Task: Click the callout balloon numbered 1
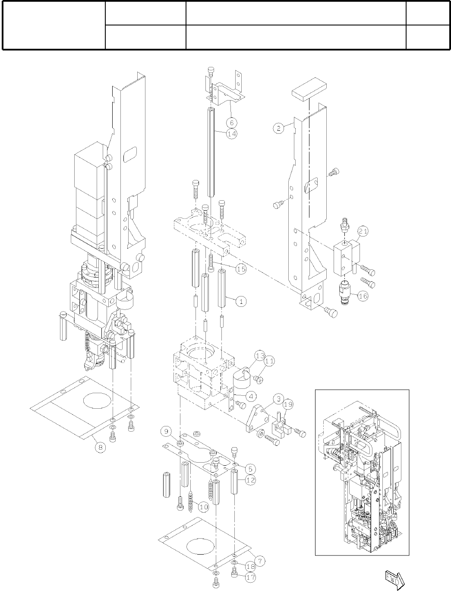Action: (x=241, y=301)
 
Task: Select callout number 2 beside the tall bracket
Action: (x=279, y=128)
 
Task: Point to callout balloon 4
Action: (x=251, y=395)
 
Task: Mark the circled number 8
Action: (x=100, y=448)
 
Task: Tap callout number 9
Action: (x=167, y=431)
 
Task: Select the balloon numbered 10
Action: (x=203, y=507)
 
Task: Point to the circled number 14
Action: (x=232, y=134)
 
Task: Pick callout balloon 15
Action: (x=241, y=268)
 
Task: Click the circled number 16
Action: (x=363, y=297)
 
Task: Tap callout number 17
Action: (x=250, y=577)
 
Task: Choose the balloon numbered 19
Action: (x=288, y=404)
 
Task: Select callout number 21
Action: (x=363, y=232)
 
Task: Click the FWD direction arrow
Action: (x=394, y=579)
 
